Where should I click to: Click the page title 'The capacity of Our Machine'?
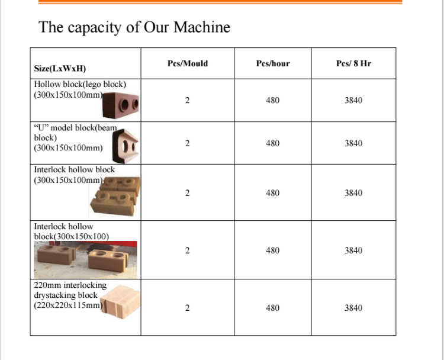coord(134,27)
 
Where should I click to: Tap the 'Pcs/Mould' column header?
coord(188,63)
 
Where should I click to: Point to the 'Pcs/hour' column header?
coord(273,63)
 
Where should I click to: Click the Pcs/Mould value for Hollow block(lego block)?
coord(188,101)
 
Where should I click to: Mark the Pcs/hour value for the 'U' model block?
coord(273,143)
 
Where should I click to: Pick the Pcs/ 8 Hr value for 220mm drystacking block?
coord(353,308)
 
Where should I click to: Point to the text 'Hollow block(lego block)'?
coord(80,85)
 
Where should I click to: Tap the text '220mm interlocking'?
coord(70,285)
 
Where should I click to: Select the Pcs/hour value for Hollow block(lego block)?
coord(273,101)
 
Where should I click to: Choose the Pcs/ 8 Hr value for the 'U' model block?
coord(353,143)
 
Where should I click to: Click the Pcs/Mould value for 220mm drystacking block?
coord(188,308)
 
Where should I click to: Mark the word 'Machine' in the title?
coord(203,27)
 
